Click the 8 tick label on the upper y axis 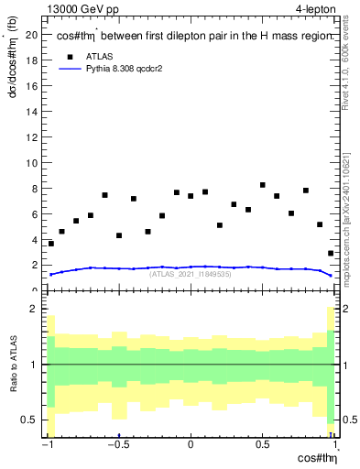pyautogui.click(x=34, y=189)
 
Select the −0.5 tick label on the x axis pyautogui.click(x=117, y=446)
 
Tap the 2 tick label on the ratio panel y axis pyautogui.click(x=34, y=310)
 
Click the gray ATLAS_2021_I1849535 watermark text pyautogui.click(x=190, y=274)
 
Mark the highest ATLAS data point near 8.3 pyautogui.click(x=263, y=185)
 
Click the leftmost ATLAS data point pyautogui.click(x=51, y=244)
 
